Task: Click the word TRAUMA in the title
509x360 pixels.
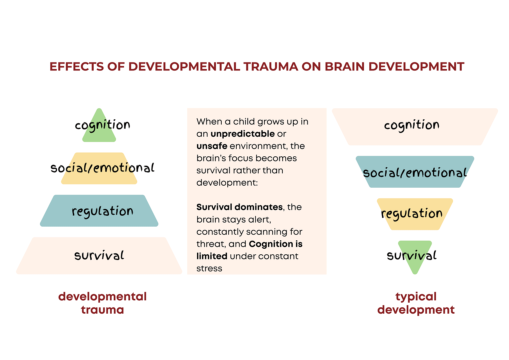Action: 271,67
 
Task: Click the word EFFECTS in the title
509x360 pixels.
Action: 77,67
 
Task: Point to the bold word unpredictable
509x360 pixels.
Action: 243,134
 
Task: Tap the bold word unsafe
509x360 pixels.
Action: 212,146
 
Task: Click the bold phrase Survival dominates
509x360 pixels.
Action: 239,207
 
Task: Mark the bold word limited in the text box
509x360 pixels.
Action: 212,256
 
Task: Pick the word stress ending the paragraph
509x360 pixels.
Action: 209,268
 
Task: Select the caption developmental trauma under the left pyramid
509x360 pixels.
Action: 102,303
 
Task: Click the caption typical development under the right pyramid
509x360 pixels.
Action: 416,303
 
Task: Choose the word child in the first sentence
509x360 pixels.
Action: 244,122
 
